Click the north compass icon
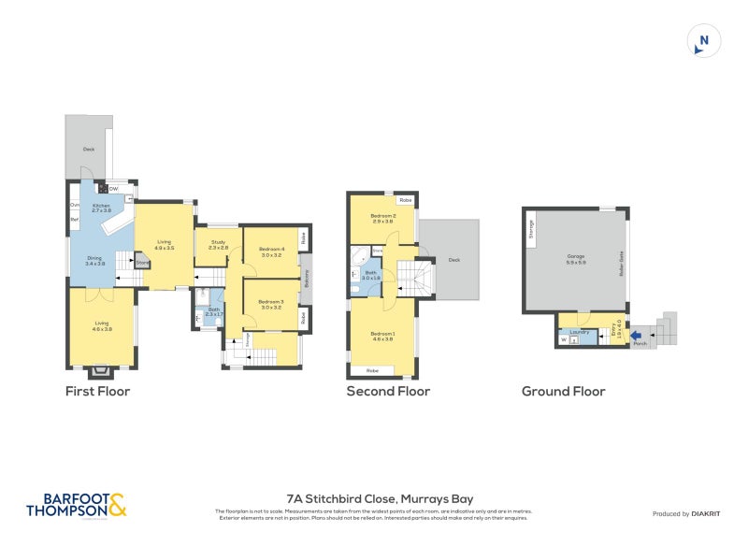pyautogui.click(x=704, y=41)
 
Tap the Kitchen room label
pyautogui.click(x=101, y=208)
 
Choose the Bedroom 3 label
pyautogui.click(x=271, y=304)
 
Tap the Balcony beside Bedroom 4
pyautogui.click(x=306, y=280)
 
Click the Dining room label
pyautogui.click(x=94, y=261)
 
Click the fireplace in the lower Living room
pyautogui.click(x=103, y=370)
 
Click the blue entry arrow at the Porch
pyautogui.click(x=636, y=334)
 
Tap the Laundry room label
pyautogui.click(x=579, y=332)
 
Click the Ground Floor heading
pyautogui.click(x=563, y=392)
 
